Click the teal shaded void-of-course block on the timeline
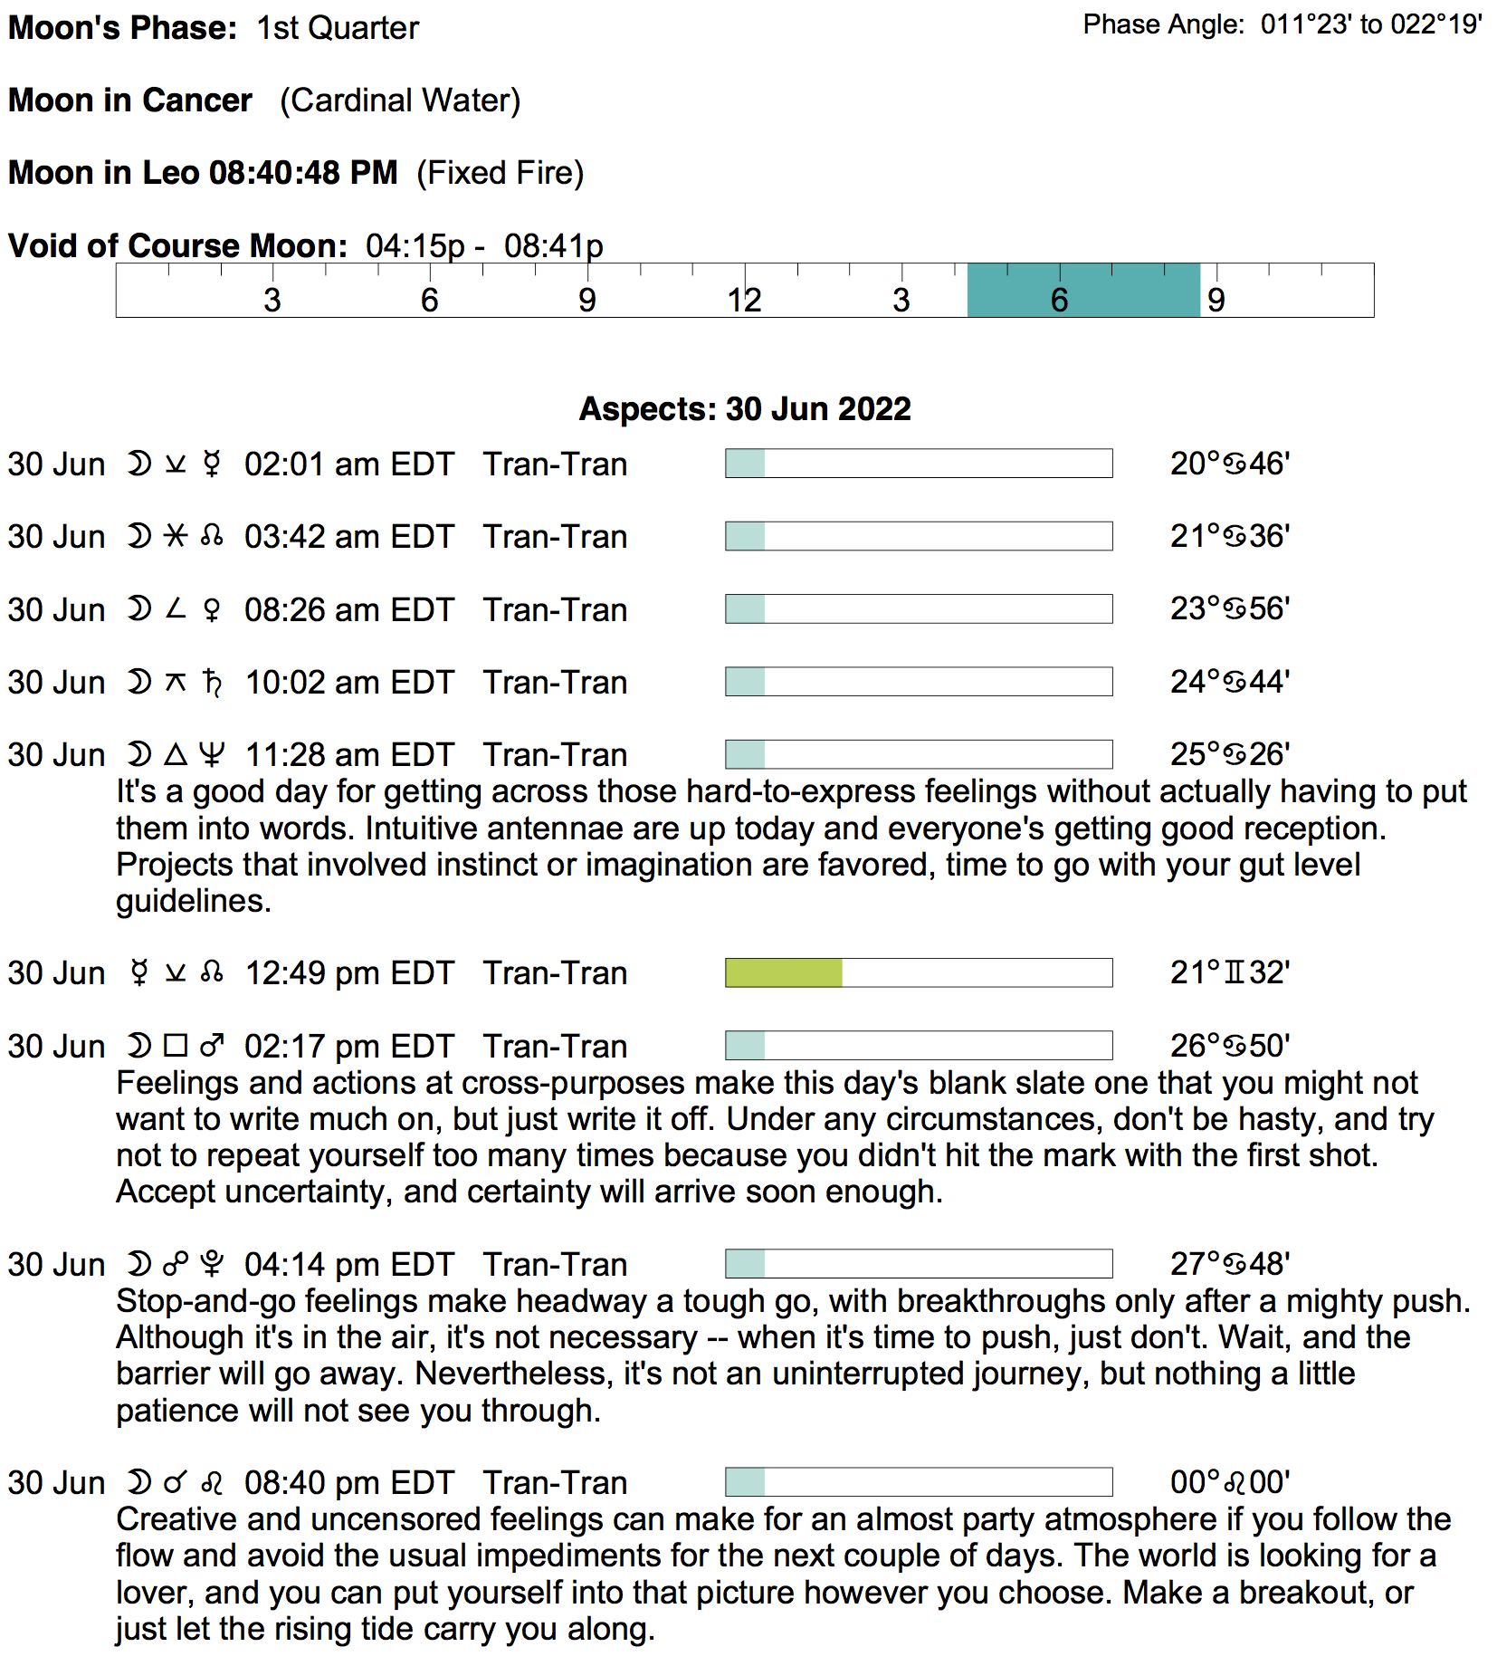tap(1083, 291)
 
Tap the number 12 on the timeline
tap(744, 301)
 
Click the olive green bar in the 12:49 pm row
tap(784, 973)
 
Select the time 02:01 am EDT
tap(348, 464)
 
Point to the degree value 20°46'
tap(1229, 464)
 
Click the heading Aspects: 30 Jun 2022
tap(745, 409)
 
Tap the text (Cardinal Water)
tap(400, 101)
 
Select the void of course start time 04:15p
tap(415, 246)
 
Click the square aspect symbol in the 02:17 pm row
tap(176, 1047)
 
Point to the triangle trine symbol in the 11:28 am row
tap(176, 754)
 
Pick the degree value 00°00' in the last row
tap(1229, 1483)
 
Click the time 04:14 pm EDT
tap(348, 1265)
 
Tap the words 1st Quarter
tap(338, 28)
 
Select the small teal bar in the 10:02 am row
tap(746, 682)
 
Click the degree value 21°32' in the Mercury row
tap(1229, 973)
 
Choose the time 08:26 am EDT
tap(348, 610)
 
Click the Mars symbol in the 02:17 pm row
tap(212, 1047)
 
